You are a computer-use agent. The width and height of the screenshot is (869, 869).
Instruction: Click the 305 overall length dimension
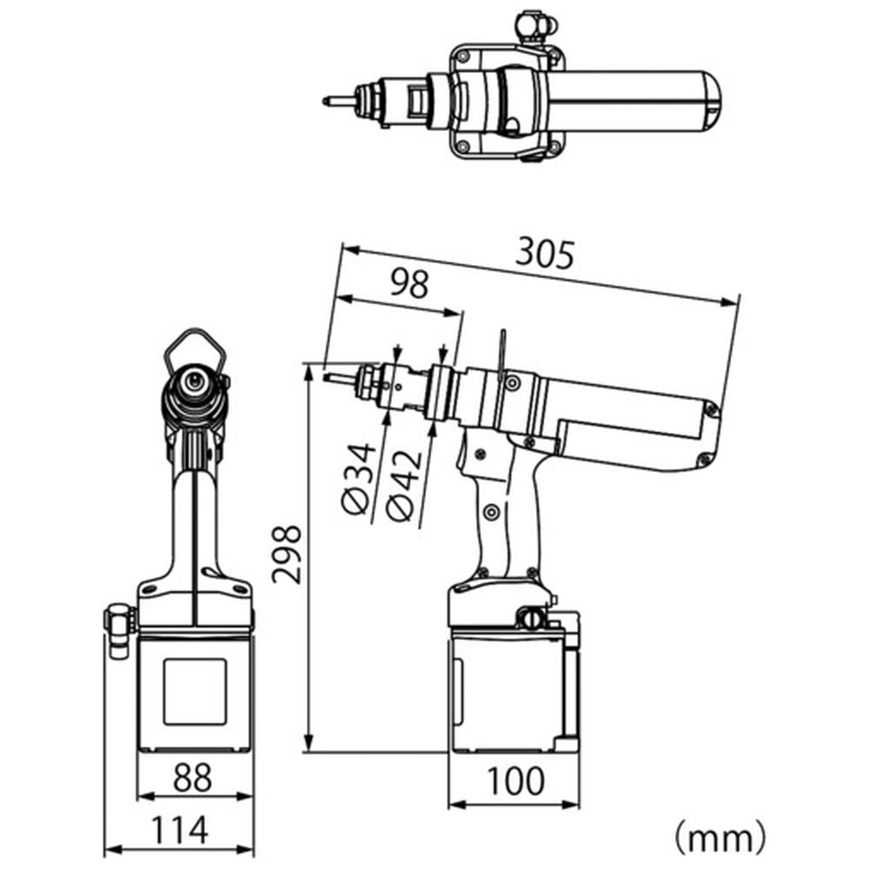point(545,255)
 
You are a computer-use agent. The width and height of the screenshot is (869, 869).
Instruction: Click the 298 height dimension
point(287,554)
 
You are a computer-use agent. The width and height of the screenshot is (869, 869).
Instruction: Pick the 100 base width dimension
point(515,781)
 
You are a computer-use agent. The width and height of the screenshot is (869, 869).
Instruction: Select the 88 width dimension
point(192,777)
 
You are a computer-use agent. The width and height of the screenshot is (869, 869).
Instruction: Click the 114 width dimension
point(180,829)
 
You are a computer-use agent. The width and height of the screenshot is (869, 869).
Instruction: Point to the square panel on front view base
point(195,692)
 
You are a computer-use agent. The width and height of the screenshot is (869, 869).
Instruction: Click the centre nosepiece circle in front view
point(194,381)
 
